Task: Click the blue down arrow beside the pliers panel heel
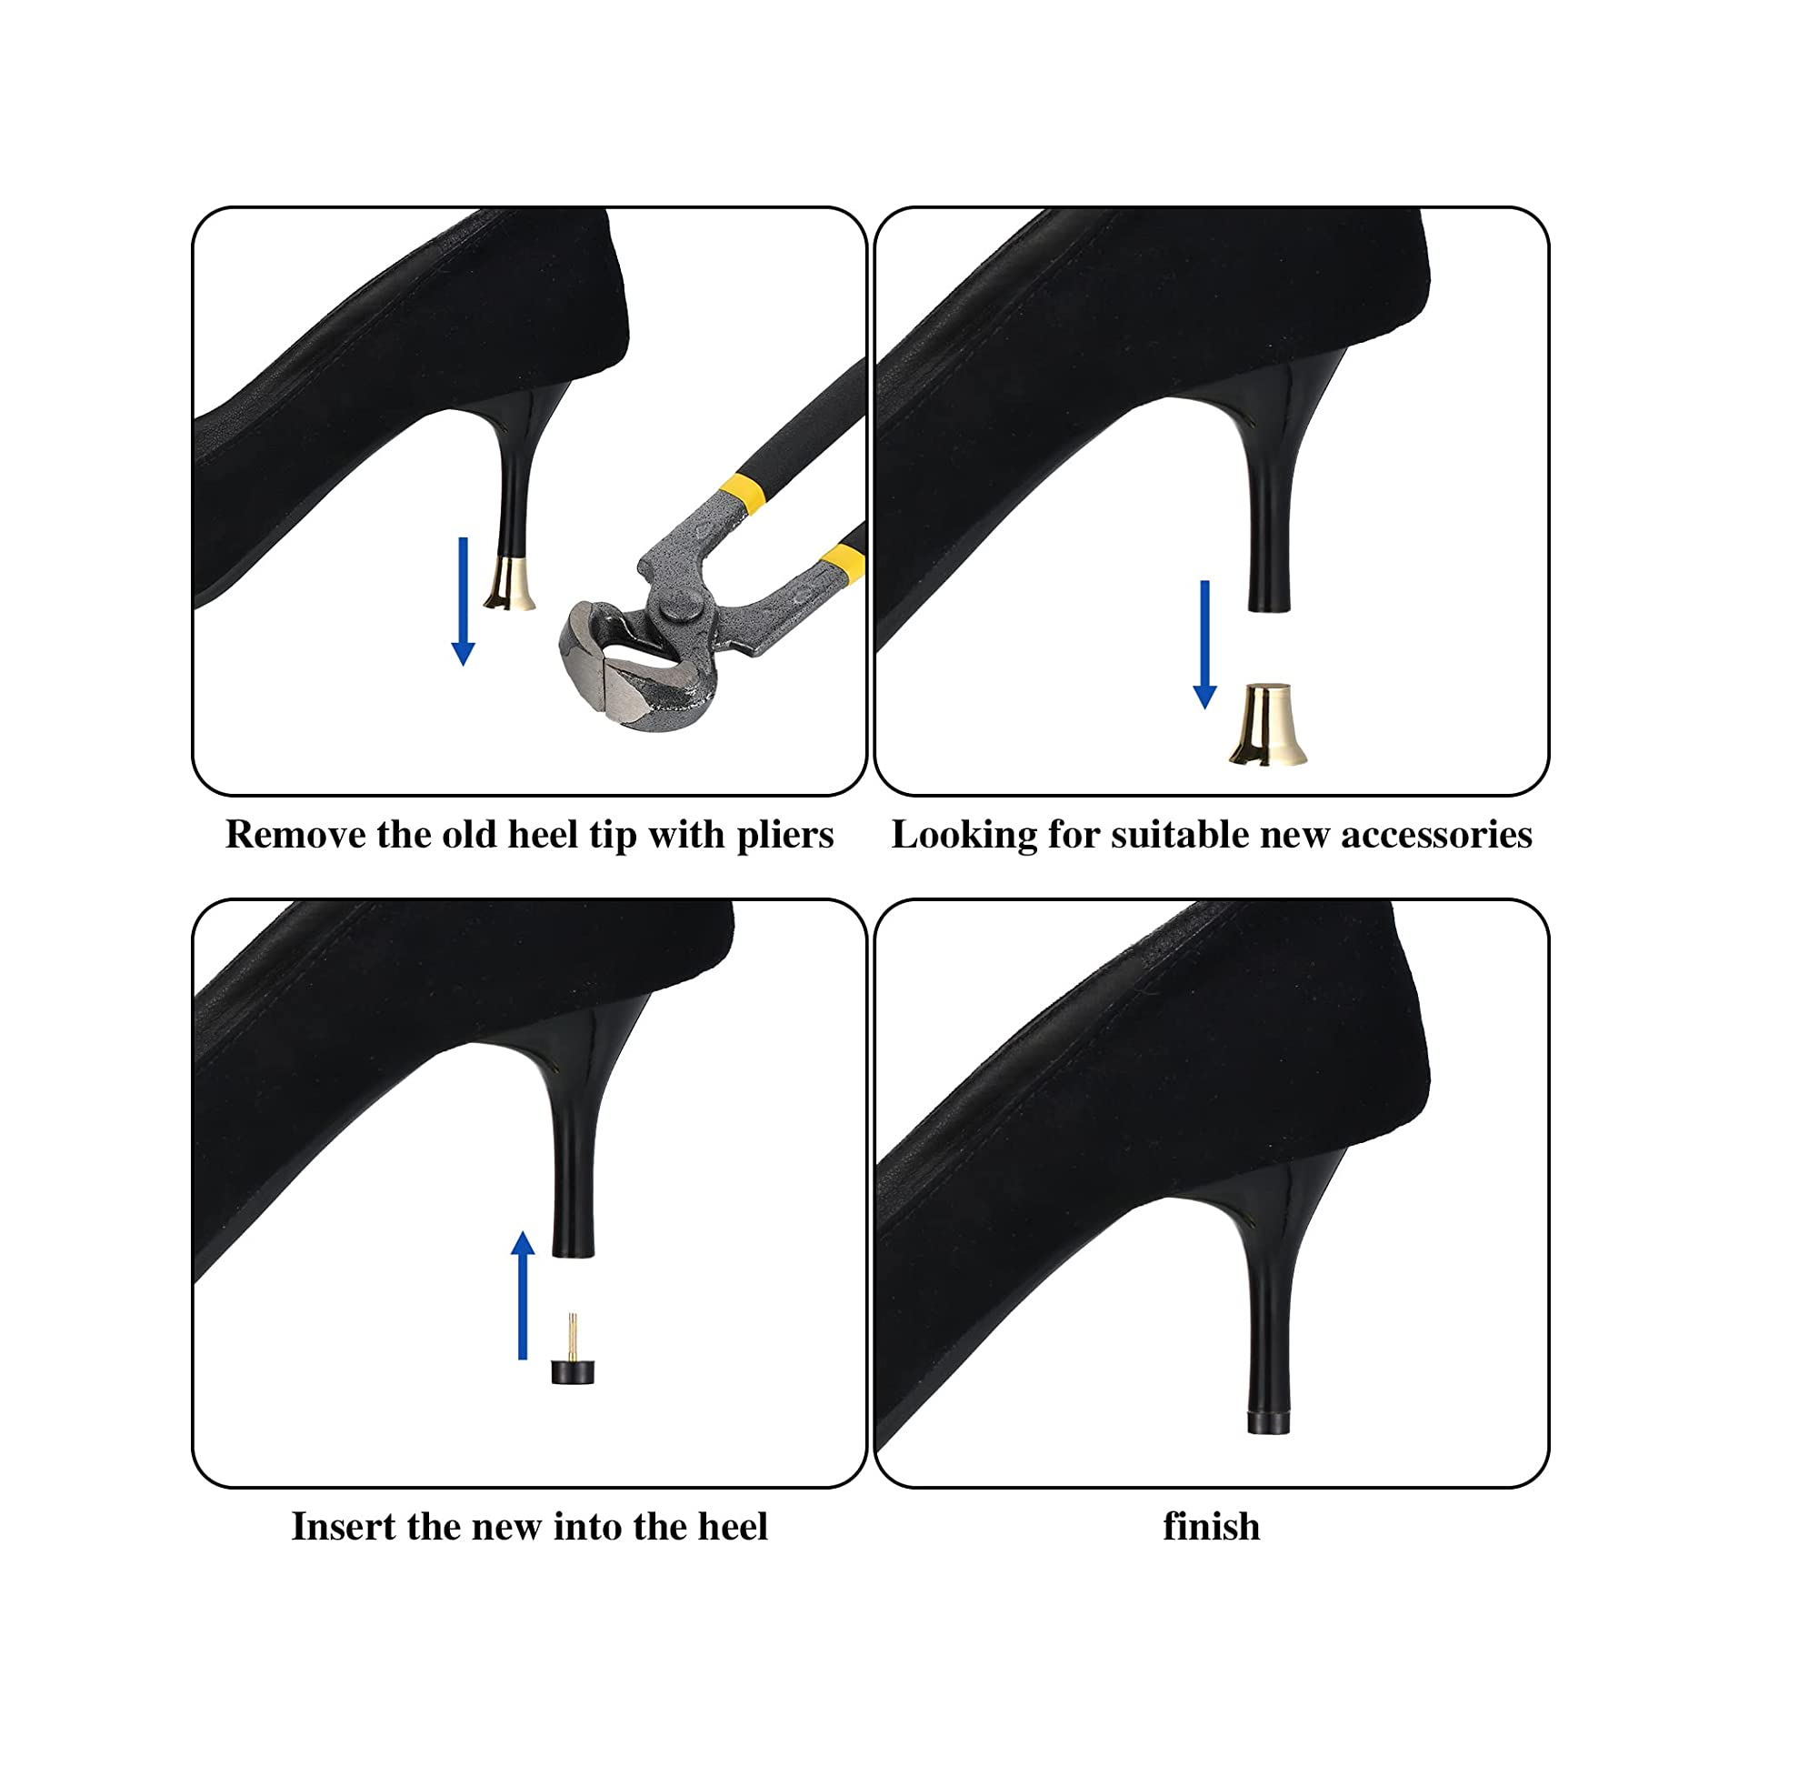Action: (x=464, y=601)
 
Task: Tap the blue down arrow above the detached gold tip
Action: (x=1204, y=645)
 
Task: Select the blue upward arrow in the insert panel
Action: (x=524, y=1296)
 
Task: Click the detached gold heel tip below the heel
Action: (x=1268, y=724)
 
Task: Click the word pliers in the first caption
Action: (x=784, y=835)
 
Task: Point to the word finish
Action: (x=1212, y=1527)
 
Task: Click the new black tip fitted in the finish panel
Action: (x=1269, y=1424)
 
